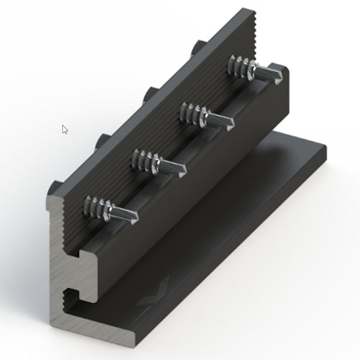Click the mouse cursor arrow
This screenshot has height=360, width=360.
[65, 130]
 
